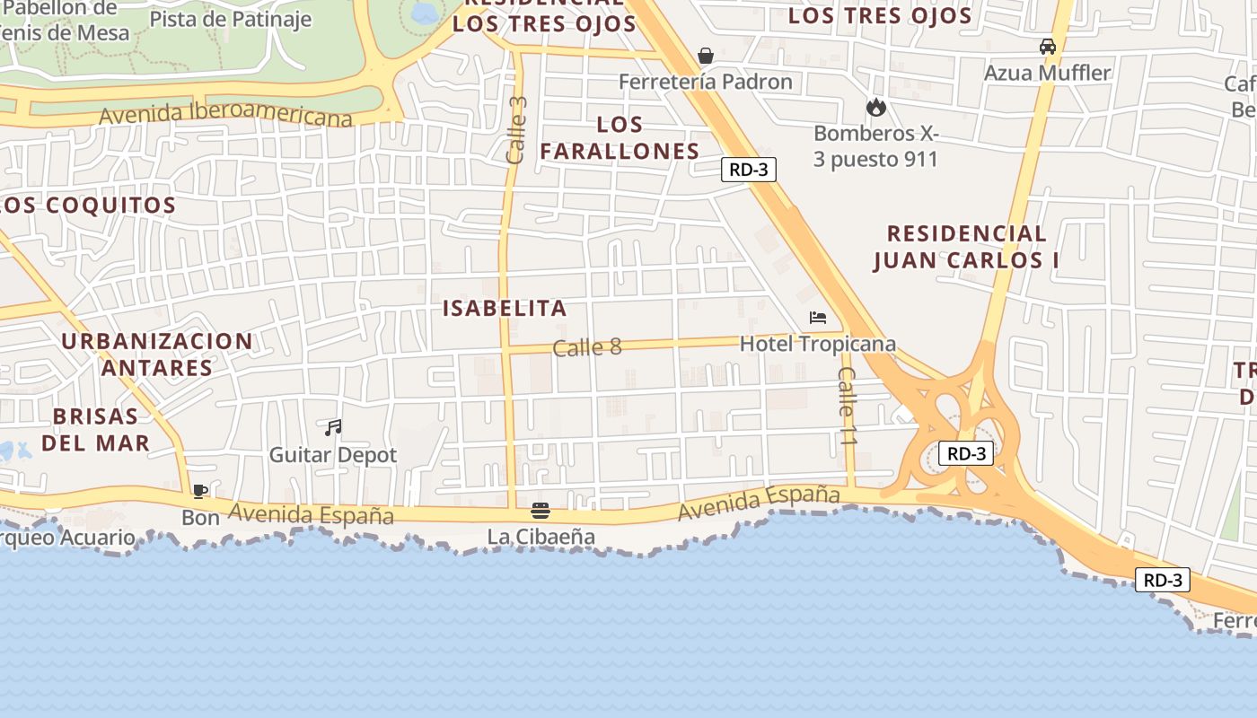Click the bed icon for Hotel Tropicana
click(x=817, y=318)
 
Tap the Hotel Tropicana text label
click(x=817, y=344)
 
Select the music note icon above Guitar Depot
click(x=333, y=428)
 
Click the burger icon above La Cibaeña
click(x=541, y=511)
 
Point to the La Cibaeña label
click(x=541, y=537)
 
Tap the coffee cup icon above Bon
click(x=200, y=491)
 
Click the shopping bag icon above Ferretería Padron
click(x=706, y=56)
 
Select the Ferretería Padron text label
click(x=706, y=82)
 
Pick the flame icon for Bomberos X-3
click(x=875, y=108)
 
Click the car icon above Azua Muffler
click(x=1047, y=47)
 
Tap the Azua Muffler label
click(x=1047, y=73)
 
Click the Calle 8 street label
click(x=587, y=347)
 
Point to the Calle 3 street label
click(x=516, y=130)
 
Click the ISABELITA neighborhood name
click(x=505, y=309)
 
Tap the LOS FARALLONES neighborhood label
click(x=620, y=137)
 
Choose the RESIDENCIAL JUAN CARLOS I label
click(x=966, y=247)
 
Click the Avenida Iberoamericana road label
click(x=226, y=115)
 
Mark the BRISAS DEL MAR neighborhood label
click(x=95, y=429)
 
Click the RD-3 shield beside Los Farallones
click(x=748, y=170)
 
